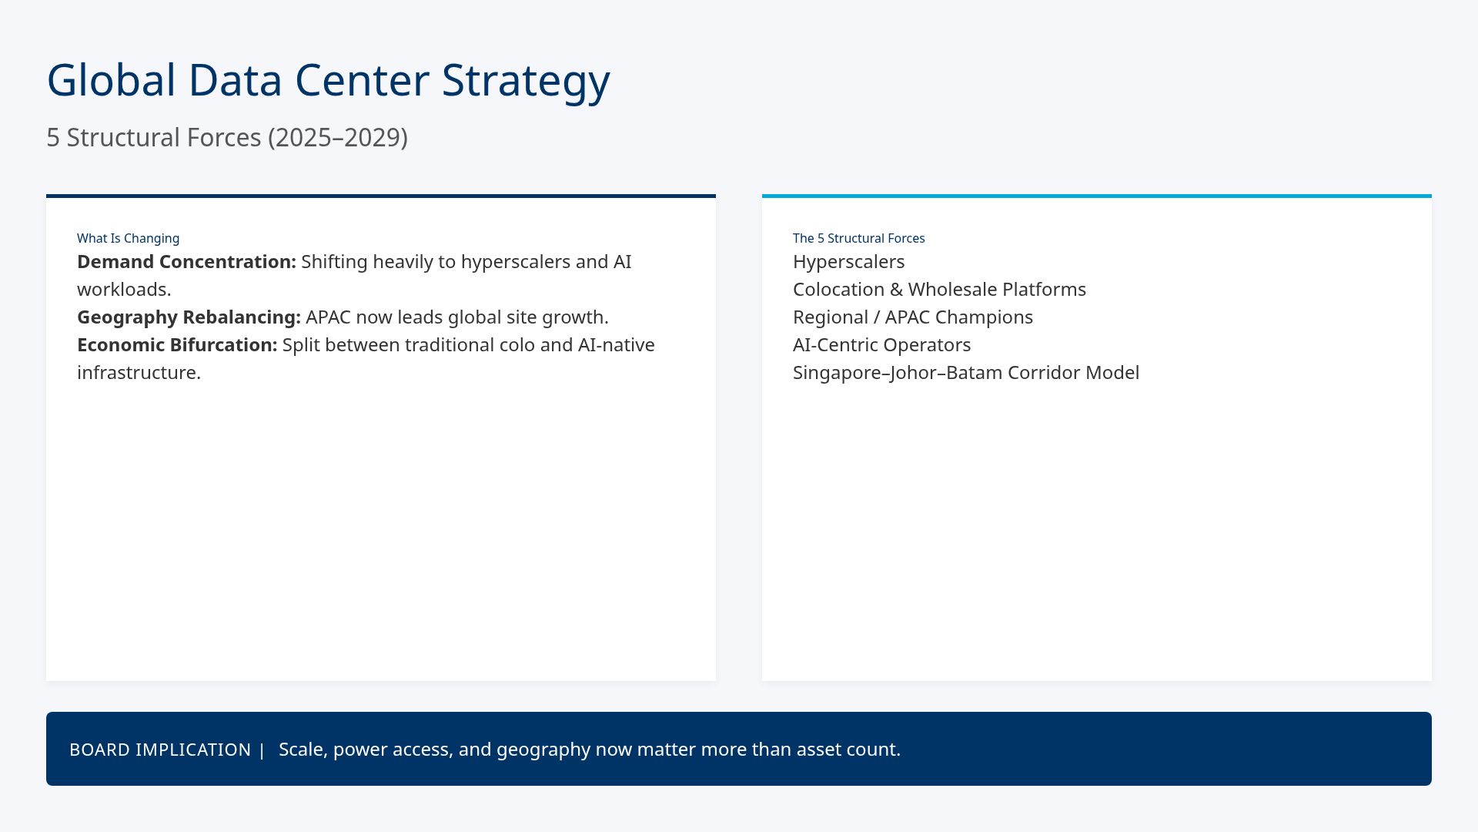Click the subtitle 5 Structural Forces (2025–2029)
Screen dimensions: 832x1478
click(226, 138)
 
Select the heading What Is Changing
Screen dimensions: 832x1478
click(128, 239)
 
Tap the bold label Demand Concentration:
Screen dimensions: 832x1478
click(186, 262)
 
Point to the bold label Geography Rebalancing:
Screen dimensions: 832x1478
click(189, 317)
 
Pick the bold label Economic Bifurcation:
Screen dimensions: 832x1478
click(177, 345)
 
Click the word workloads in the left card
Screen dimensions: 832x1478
click(123, 290)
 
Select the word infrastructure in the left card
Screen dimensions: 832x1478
click(138, 373)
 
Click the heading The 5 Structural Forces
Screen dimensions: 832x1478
click(858, 239)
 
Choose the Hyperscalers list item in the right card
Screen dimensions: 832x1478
click(848, 262)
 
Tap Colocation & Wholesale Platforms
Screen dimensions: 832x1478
click(939, 290)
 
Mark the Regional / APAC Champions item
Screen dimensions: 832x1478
click(912, 317)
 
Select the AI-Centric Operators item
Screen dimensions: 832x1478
click(881, 345)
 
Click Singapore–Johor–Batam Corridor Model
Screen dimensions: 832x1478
click(965, 373)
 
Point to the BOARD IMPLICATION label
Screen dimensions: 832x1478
click(159, 750)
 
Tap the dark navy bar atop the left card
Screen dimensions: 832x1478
click(381, 196)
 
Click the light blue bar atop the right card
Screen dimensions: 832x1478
click(1096, 196)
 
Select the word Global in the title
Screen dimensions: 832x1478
click(111, 81)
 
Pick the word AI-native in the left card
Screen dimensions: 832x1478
click(616, 345)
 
